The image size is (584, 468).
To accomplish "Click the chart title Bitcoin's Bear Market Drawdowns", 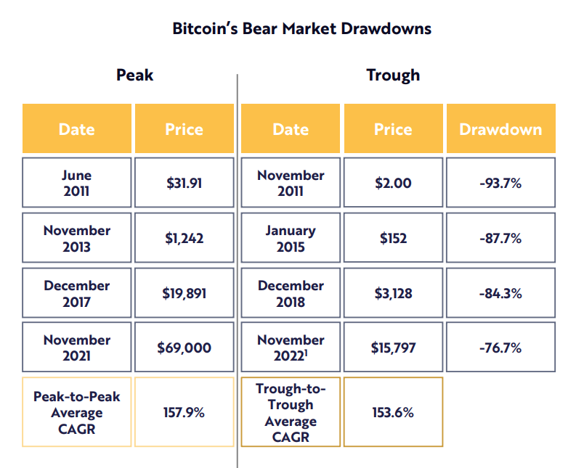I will click(x=301, y=29).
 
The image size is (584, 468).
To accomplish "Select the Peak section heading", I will click(x=135, y=75).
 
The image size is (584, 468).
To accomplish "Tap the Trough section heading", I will click(x=393, y=75).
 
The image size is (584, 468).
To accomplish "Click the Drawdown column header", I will click(x=500, y=129).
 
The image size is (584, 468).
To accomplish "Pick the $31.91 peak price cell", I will click(x=184, y=183).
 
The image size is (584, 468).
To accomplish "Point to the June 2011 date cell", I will click(x=77, y=183).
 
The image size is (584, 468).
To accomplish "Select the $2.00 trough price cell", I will click(x=393, y=183).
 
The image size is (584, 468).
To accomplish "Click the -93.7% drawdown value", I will click(x=500, y=183).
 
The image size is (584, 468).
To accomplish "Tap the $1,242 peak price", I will click(x=184, y=238).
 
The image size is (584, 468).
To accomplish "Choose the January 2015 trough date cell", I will click(x=291, y=238).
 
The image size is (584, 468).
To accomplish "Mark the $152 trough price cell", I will click(x=393, y=238).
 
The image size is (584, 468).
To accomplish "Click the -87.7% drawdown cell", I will click(x=500, y=238).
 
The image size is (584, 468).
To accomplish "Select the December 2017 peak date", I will click(x=77, y=293).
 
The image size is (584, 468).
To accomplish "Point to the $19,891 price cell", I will click(x=184, y=293).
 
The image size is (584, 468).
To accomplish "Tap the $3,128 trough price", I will click(x=393, y=293).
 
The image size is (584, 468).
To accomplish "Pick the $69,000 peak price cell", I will click(x=184, y=348).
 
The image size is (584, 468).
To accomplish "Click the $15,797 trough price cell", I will click(x=393, y=348).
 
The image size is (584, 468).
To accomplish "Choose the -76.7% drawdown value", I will click(x=500, y=348).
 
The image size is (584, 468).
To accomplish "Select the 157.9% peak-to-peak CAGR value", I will click(x=184, y=412).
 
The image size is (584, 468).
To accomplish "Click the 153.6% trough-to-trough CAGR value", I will click(x=393, y=412).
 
